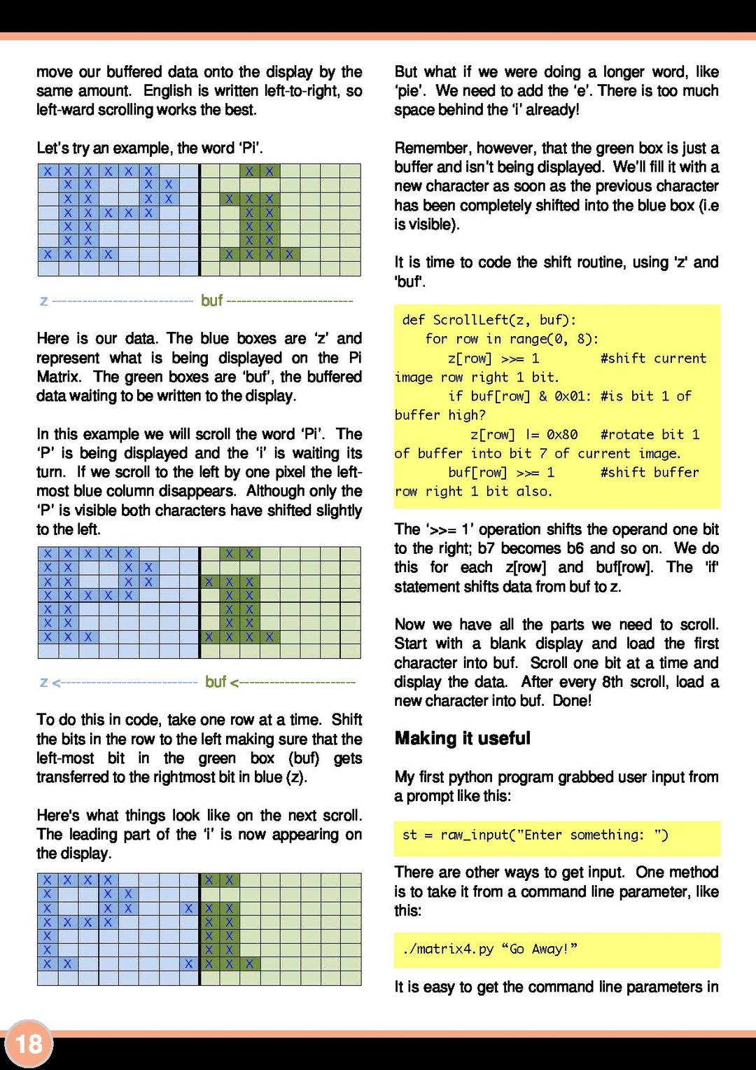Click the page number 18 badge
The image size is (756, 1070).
click(29, 1044)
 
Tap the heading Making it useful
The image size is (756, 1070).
click(462, 738)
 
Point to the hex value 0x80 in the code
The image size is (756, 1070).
click(562, 434)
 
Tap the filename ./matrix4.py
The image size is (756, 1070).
click(448, 949)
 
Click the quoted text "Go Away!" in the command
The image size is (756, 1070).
click(540, 949)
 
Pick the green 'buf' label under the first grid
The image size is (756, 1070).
click(211, 300)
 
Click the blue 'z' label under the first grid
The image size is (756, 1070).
click(44, 301)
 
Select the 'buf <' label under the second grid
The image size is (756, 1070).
click(221, 681)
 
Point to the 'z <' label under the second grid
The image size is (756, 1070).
click(50, 682)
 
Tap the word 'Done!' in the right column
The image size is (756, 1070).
click(572, 700)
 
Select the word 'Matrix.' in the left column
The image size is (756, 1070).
click(58, 377)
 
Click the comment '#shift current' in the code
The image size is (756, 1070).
click(653, 359)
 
